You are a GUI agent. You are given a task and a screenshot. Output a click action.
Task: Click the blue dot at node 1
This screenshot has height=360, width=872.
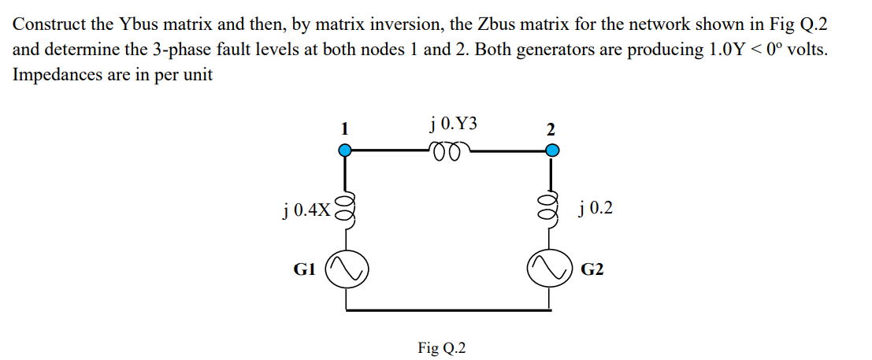point(343,150)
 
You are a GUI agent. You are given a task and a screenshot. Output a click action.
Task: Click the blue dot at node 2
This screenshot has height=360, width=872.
point(552,150)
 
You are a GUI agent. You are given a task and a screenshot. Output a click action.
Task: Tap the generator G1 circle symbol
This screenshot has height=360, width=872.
point(343,270)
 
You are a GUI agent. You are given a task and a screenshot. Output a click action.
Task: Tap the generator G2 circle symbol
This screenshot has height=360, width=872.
point(552,270)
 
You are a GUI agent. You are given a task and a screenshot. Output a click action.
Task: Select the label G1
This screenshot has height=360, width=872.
point(305,269)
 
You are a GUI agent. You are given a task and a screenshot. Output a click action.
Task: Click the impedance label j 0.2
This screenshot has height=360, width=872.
point(595,209)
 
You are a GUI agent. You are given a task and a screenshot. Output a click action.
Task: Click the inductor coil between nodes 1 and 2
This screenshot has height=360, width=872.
point(450,150)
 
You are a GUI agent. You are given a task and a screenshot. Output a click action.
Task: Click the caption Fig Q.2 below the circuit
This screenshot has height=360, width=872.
point(441,347)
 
